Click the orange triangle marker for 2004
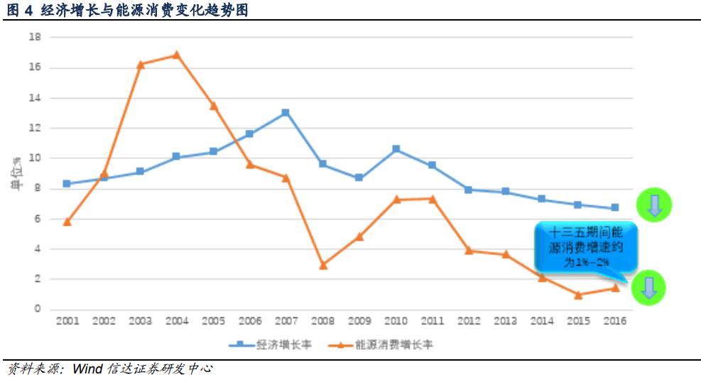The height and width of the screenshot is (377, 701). [176, 55]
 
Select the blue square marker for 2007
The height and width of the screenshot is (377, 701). [286, 112]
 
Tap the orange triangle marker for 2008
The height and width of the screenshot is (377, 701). [322, 265]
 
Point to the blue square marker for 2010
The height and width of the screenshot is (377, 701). [396, 149]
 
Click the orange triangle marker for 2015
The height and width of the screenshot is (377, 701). [578, 295]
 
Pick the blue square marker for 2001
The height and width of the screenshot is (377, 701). [67, 183]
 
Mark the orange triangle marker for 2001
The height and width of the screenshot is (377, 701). [67, 222]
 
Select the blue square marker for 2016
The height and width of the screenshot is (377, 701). [615, 208]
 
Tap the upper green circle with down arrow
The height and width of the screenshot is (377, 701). [654, 206]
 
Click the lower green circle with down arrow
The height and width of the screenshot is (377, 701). [649, 288]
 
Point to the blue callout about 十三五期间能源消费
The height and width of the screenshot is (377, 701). [585, 247]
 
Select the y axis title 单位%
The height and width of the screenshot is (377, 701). [14, 175]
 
